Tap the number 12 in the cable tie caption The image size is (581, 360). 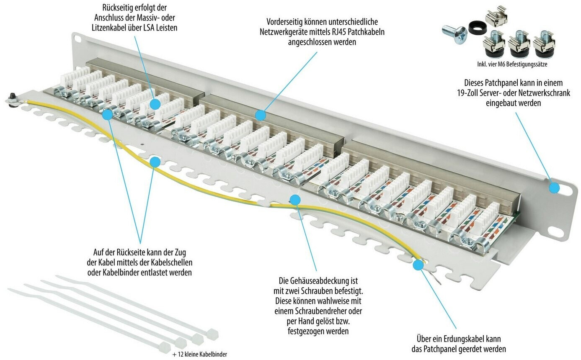pos(181,354)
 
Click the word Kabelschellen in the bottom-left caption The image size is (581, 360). pos(170,262)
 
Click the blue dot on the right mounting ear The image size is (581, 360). pos(555,188)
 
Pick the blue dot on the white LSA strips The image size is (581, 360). pos(155,104)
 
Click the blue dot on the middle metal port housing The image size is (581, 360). pos(261,115)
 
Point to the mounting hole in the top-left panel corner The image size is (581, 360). pos(77,38)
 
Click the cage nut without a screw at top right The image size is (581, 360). pos(496,16)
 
